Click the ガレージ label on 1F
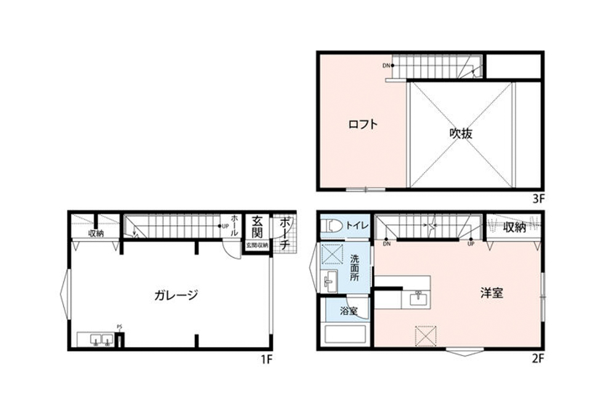pos(176,295)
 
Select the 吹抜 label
pos(460,133)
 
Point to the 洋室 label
pos(492,293)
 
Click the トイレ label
pos(357,226)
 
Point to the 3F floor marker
pos(538,198)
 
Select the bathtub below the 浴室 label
pos(345,335)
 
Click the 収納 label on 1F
pos(95,234)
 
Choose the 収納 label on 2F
pos(514,227)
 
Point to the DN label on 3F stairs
pos(386,65)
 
